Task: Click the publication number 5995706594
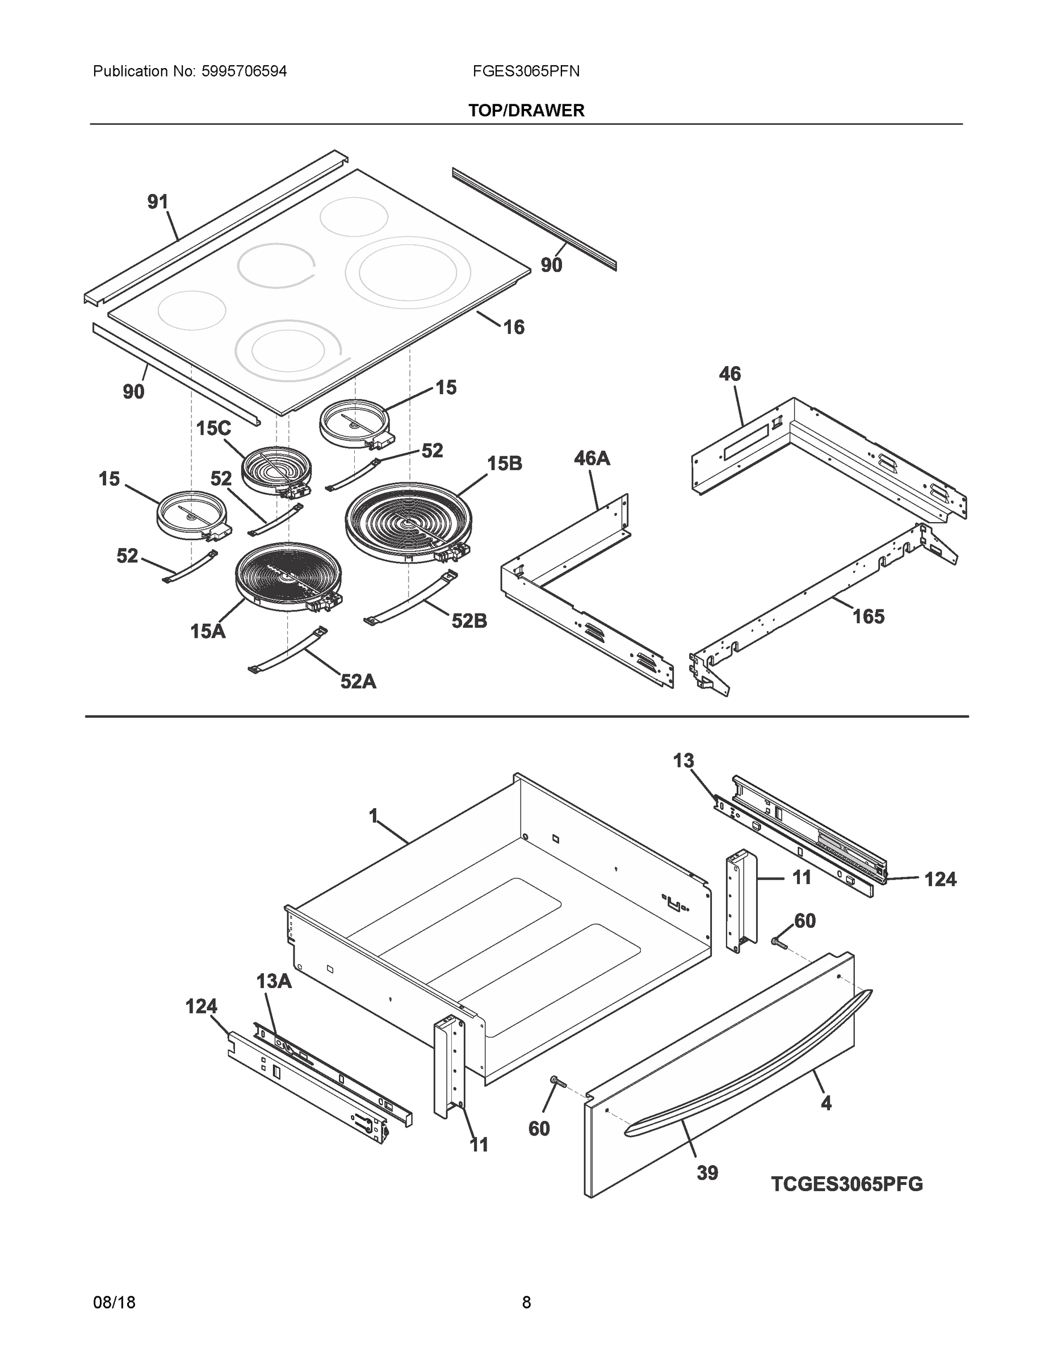(x=244, y=72)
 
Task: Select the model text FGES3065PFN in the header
(x=526, y=72)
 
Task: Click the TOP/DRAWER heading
(x=526, y=111)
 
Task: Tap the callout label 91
(x=158, y=202)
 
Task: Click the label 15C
(x=213, y=428)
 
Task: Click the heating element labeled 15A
(x=288, y=575)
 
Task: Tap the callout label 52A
(x=358, y=682)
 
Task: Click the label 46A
(x=591, y=459)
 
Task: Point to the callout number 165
(x=869, y=617)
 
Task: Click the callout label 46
(x=729, y=374)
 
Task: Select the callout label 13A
(x=274, y=982)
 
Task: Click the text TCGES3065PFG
(x=846, y=1184)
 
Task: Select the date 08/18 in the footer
(x=114, y=1303)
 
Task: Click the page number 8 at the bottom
(x=526, y=1303)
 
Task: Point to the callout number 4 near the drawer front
(x=825, y=1104)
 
